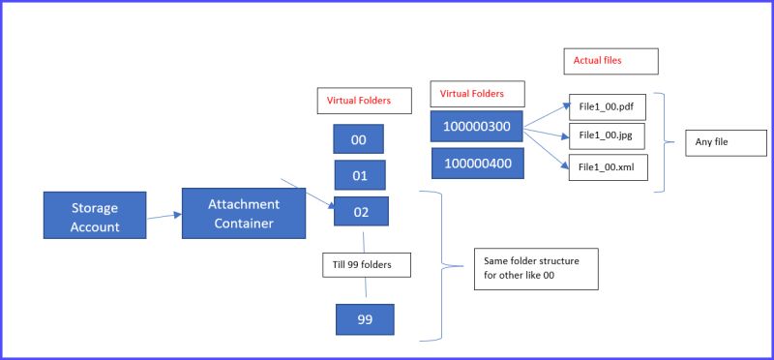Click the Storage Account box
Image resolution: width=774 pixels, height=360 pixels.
pos(95,215)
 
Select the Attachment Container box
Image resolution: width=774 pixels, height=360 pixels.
pos(243,215)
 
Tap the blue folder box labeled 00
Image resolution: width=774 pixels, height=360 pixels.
pos(358,139)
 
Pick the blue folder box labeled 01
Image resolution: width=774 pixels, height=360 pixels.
pos(359,175)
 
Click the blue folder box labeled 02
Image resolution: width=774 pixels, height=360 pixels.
pos(361,212)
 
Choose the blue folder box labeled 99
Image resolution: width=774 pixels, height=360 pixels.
pos(365,318)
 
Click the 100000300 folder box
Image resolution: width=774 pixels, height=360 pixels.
pos(476,127)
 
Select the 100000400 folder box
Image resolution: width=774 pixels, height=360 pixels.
pos(476,164)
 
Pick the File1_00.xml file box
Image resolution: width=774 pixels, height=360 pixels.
pos(607,166)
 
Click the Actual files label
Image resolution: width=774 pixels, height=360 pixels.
pos(610,61)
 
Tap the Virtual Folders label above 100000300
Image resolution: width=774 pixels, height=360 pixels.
pos(479,94)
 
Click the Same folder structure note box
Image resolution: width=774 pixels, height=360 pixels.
pos(535,266)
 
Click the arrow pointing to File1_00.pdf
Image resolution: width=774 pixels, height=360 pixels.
pos(547,111)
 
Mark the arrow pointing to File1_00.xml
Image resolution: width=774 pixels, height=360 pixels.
pos(547,148)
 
